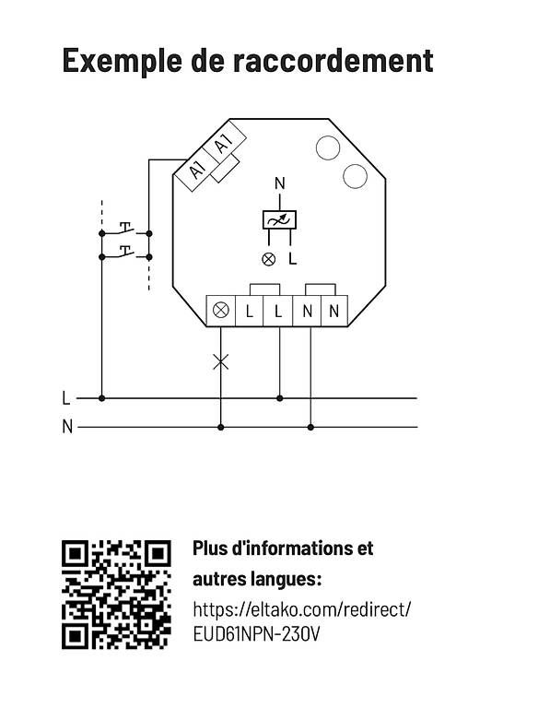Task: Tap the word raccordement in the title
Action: tap(333, 60)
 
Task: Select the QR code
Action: tap(116, 595)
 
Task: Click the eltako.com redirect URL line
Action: tap(302, 609)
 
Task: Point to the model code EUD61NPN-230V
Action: tap(256, 634)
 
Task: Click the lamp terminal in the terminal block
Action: tap(221, 311)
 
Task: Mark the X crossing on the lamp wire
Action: tap(221, 361)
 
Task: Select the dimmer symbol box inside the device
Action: tap(280, 220)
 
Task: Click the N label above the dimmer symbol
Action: tap(280, 183)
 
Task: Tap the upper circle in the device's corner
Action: tap(328, 147)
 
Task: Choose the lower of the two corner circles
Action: tap(355, 176)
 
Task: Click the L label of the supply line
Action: tap(66, 398)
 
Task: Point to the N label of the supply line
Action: tap(67, 427)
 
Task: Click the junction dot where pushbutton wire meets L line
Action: tap(102, 398)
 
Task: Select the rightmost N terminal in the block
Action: tap(334, 311)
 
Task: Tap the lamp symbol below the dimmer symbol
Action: tap(269, 259)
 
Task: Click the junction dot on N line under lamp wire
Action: tap(221, 427)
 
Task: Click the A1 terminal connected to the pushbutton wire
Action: tap(197, 171)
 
